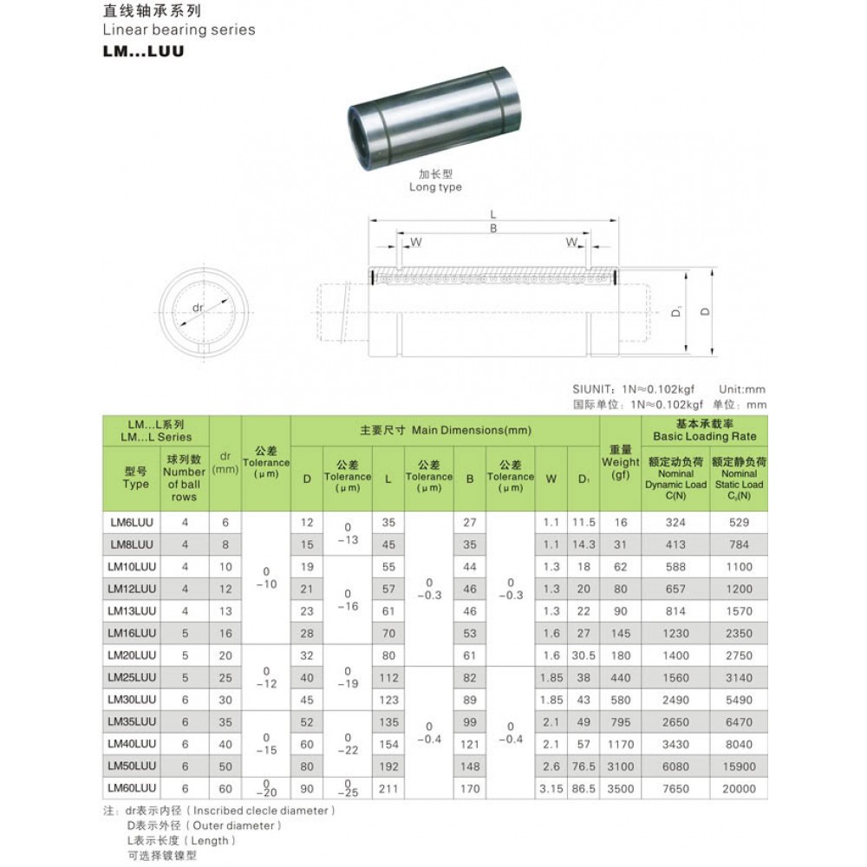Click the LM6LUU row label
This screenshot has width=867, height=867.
[x=132, y=523]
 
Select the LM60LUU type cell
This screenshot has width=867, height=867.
[x=132, y=788]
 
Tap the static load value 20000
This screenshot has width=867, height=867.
[x=739, y=789]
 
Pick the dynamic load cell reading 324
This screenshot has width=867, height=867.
[x=675, y=523]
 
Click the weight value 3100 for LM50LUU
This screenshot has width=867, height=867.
[x=621, y=766]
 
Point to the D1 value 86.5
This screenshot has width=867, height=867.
[x=583, y=789]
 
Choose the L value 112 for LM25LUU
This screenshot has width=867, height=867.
[x=388, y=678]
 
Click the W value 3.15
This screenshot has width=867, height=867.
[x=551, y=789]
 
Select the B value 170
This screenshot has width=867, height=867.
[x=470, y=789]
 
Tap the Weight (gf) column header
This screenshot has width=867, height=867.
[x=621, y=462]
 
